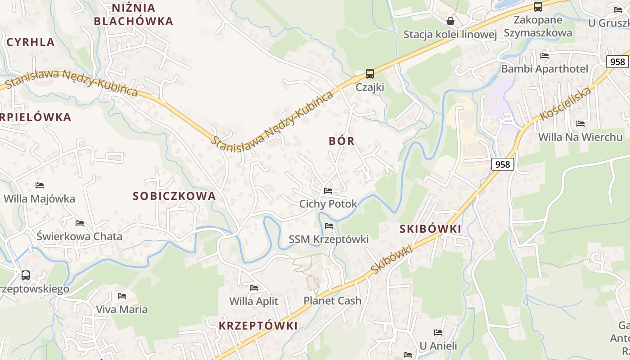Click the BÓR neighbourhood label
point(342,141)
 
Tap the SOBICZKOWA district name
point(174,196)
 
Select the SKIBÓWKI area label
point(430,229)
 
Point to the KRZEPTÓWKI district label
point(258,326)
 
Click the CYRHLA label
point(31,42)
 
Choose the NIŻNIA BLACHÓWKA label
point(134,14)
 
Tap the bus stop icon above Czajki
point(370,73)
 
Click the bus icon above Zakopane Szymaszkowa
point(538,6)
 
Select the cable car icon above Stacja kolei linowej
point(450,21)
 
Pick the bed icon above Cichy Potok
point(328,191)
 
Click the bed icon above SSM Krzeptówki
point(329,226)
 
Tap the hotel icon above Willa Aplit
point(254,288)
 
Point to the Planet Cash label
point(333,301)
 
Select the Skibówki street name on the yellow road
point(391,260)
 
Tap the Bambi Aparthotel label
point(544,69)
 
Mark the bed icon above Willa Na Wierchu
point(580,123)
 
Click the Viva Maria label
point(122,310)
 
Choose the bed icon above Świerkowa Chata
point(80,223)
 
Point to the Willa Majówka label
point(40,198)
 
